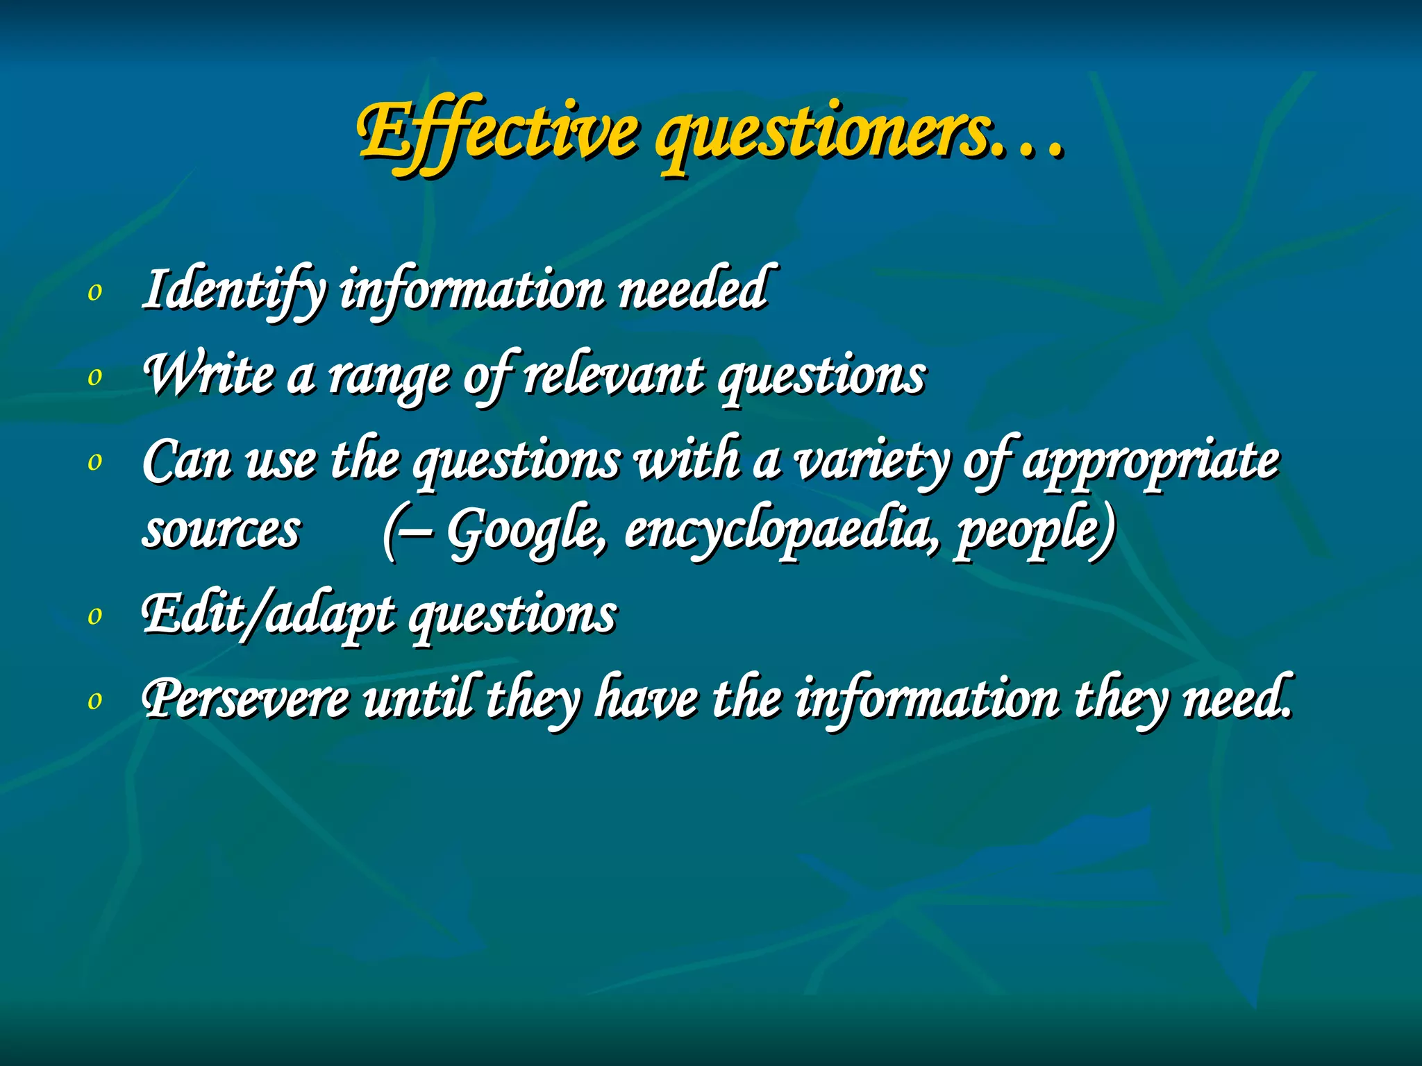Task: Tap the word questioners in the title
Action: pyautogui.click(x=823, y=135)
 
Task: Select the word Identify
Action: pyautogui.click(x=233, y=290)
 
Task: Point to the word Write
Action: pyautogui.click(x=208, y=375)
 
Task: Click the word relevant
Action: pyautogui.click(x=612, y=375)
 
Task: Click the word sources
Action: pyautogui.click(x=221, y=531)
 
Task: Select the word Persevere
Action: pyautogui.click(x=246, y=700)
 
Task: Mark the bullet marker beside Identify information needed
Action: pyautogui.click(x=95, y=293)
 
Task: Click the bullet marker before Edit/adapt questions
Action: pyautogui.click(x=95, y=616)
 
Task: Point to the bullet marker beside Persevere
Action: pyautogui.click(x=95, y=701)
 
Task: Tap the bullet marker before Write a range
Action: pyautogui.click(x=95, y=378)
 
